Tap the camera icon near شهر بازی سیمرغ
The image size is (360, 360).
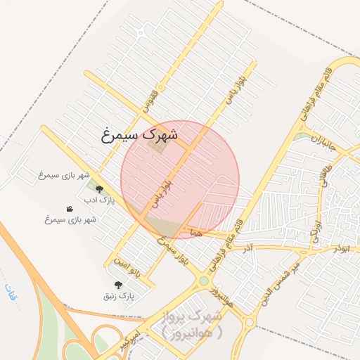(x=70, y=209)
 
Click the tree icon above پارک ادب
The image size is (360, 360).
(x=99, y=189)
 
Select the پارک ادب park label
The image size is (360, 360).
(x=98, y=201)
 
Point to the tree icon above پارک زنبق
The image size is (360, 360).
(x=117, y=285)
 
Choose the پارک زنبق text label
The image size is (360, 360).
(x=117, y=297)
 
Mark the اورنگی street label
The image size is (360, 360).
(x=316, y=227)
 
